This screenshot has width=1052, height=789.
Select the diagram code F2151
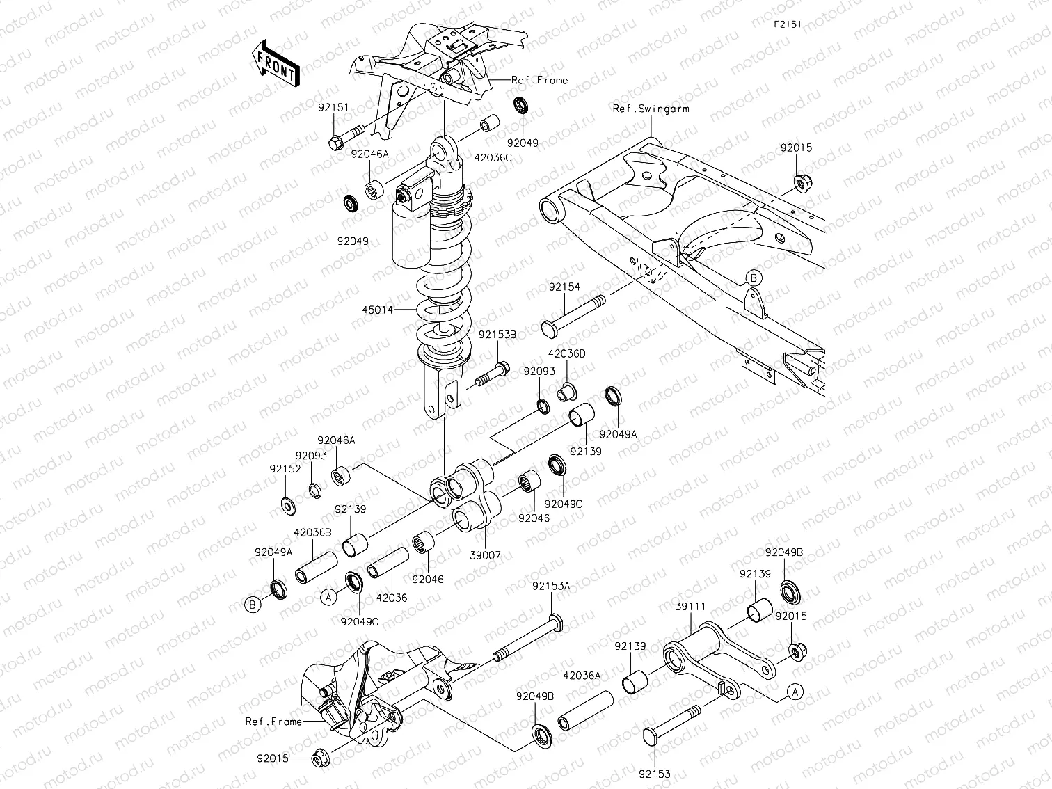coord(788,24)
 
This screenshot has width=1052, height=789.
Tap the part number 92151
coord(334,108)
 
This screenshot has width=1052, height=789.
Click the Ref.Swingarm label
coord(651,109)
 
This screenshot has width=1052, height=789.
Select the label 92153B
coord(497,334)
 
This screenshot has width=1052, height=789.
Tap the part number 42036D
coord(566,353)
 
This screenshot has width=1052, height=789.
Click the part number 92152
coord(285,469)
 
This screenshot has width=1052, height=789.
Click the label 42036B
coord(312,532)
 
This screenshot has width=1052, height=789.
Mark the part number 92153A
coord(551,587)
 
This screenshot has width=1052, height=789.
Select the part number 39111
coord(690,607)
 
